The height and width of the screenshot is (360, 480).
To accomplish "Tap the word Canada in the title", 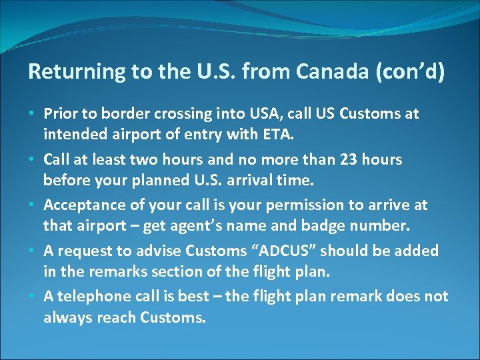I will [x=325, y=72].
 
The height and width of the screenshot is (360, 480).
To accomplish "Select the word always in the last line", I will [x=67, y=318].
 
